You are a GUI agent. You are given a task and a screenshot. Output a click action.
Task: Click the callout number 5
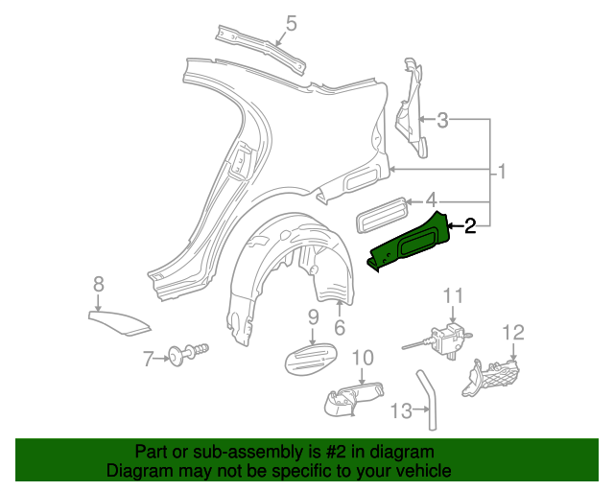(292, 22)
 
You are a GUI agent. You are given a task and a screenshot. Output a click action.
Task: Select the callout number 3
(442, 121)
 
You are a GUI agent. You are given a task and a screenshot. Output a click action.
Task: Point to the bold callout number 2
(470, 226)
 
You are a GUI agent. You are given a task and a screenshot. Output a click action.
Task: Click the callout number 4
(431, 200)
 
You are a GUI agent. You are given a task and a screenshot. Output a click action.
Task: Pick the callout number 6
(340, 328)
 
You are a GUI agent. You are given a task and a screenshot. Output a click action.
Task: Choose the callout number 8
(98, 283)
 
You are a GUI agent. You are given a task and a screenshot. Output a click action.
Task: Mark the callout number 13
(401, 410)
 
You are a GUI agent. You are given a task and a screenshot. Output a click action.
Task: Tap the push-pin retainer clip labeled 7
(184, 358)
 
